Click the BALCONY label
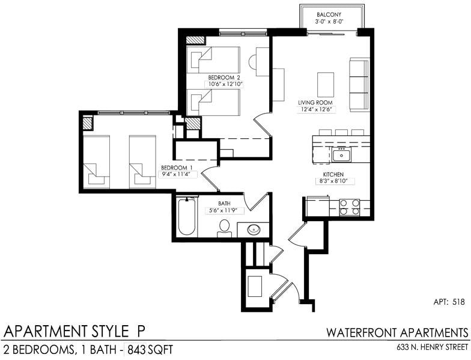[331, 14]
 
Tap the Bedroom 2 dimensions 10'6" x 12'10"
[224, 85]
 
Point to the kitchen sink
[341, 155]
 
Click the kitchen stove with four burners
[350, 207]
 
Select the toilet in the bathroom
[225, 228]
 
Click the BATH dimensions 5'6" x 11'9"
[223, 210]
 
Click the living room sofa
[359, 85]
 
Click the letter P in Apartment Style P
[139, 331]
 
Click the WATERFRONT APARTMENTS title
[397, 332]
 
